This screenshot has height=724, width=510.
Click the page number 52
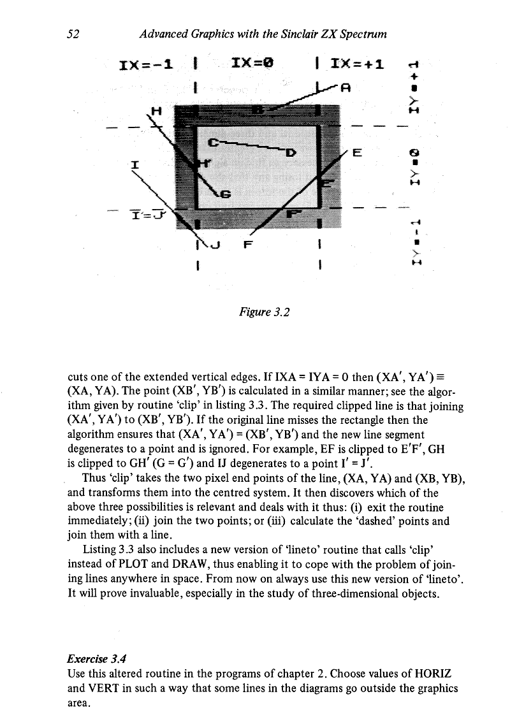point(71,33)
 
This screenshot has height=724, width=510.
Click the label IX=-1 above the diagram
point(148,64)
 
